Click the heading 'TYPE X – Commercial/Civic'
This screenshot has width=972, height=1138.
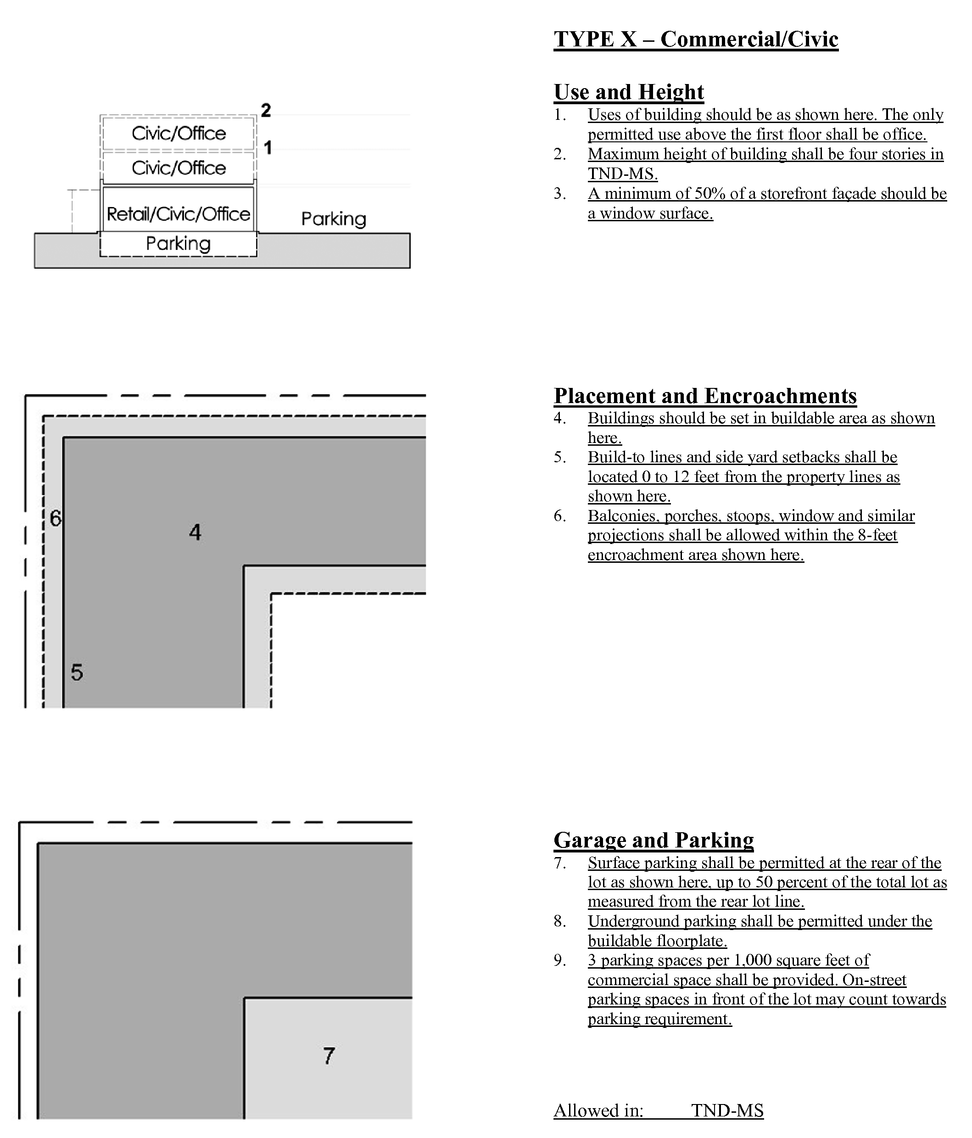click(695, 39)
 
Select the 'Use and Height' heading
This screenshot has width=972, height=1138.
click(628, 92)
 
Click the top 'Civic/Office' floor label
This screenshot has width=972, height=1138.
click(179, 134)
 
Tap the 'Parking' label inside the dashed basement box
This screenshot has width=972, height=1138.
click(178, 243)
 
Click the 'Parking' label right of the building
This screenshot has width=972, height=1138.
click(333, 219)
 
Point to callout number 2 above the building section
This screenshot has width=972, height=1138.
click(266, 110)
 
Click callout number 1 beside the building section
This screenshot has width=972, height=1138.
click(268, 148)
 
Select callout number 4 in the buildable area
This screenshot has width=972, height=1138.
click(195, 532)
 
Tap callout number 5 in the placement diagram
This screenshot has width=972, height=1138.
click(77, 672)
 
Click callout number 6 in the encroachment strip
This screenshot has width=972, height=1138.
click(56, 518)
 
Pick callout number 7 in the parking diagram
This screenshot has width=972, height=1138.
click(329, 1056)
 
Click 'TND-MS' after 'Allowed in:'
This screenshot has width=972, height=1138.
click(727, 1110)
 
